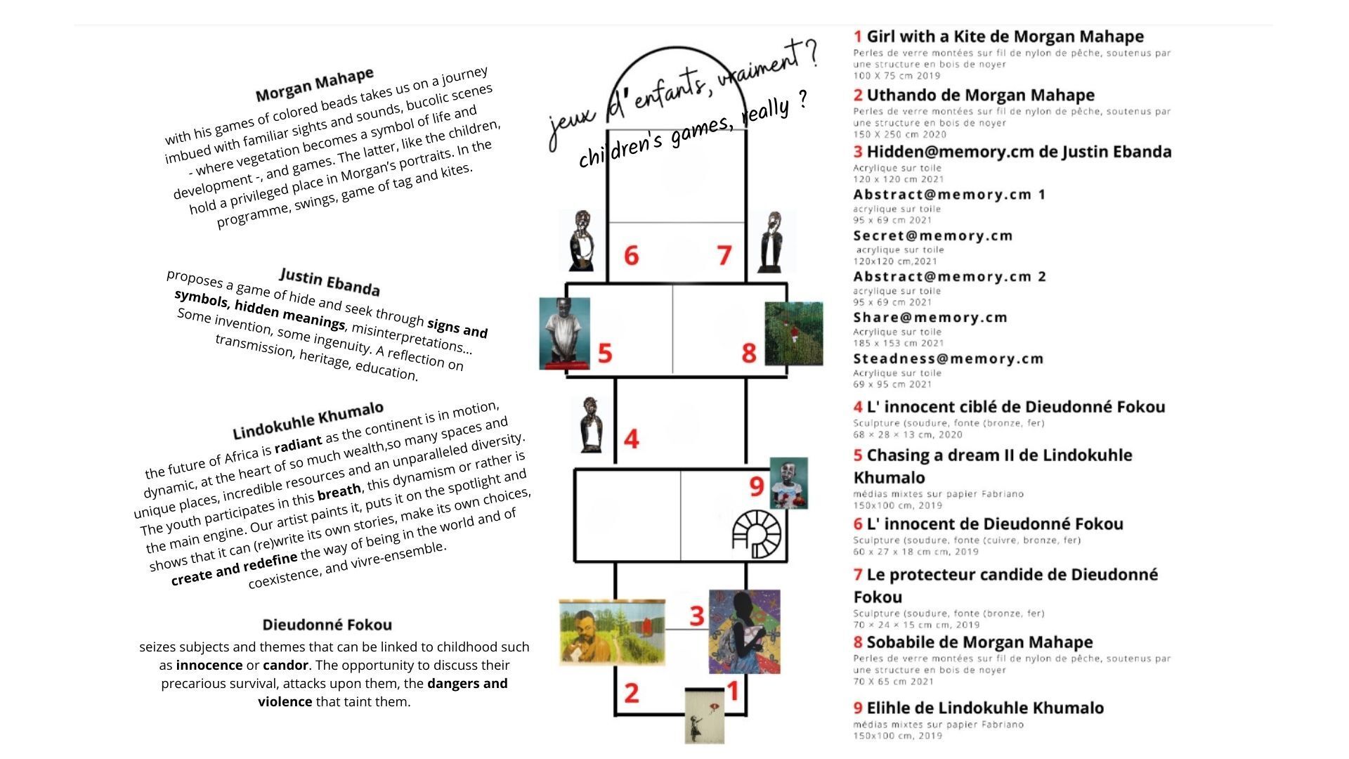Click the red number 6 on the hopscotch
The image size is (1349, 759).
[631, 255]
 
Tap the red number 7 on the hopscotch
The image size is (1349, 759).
[724, 255]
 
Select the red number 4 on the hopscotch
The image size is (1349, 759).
[631, 439]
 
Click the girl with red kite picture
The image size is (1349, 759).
[704, 715]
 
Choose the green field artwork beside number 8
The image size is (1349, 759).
[793, 334]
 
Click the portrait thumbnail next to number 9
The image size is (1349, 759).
[788, 484]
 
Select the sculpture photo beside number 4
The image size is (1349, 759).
[592, 425]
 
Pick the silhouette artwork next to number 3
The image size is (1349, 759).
[744, 632]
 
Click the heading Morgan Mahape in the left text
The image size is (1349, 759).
[314, 85]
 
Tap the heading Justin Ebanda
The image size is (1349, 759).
[330, 282]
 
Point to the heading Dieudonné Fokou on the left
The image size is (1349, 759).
[327, 625]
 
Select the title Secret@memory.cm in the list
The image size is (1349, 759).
[932, 236]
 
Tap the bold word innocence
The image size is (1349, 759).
[209, 666]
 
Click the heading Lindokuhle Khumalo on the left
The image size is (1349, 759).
[308, 420]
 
